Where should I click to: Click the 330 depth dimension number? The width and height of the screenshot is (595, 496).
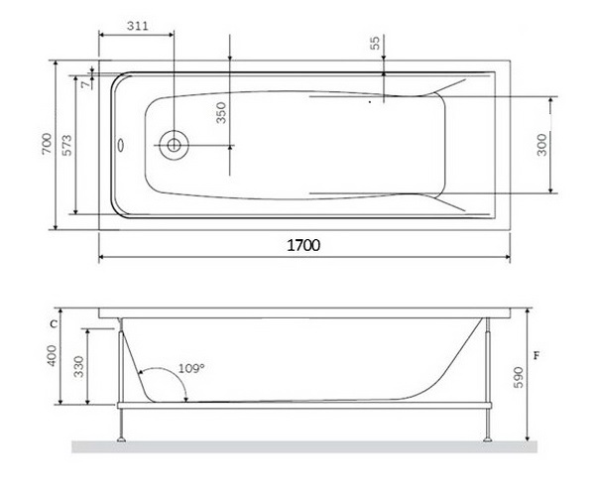coord(80,368)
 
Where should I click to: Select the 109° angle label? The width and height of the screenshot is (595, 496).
coord(191,368)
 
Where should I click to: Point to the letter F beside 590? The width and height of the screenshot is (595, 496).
coord(536,354)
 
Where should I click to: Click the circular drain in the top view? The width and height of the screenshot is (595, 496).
coord(175,145)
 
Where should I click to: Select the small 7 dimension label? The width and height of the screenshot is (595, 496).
coord(87,84)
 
